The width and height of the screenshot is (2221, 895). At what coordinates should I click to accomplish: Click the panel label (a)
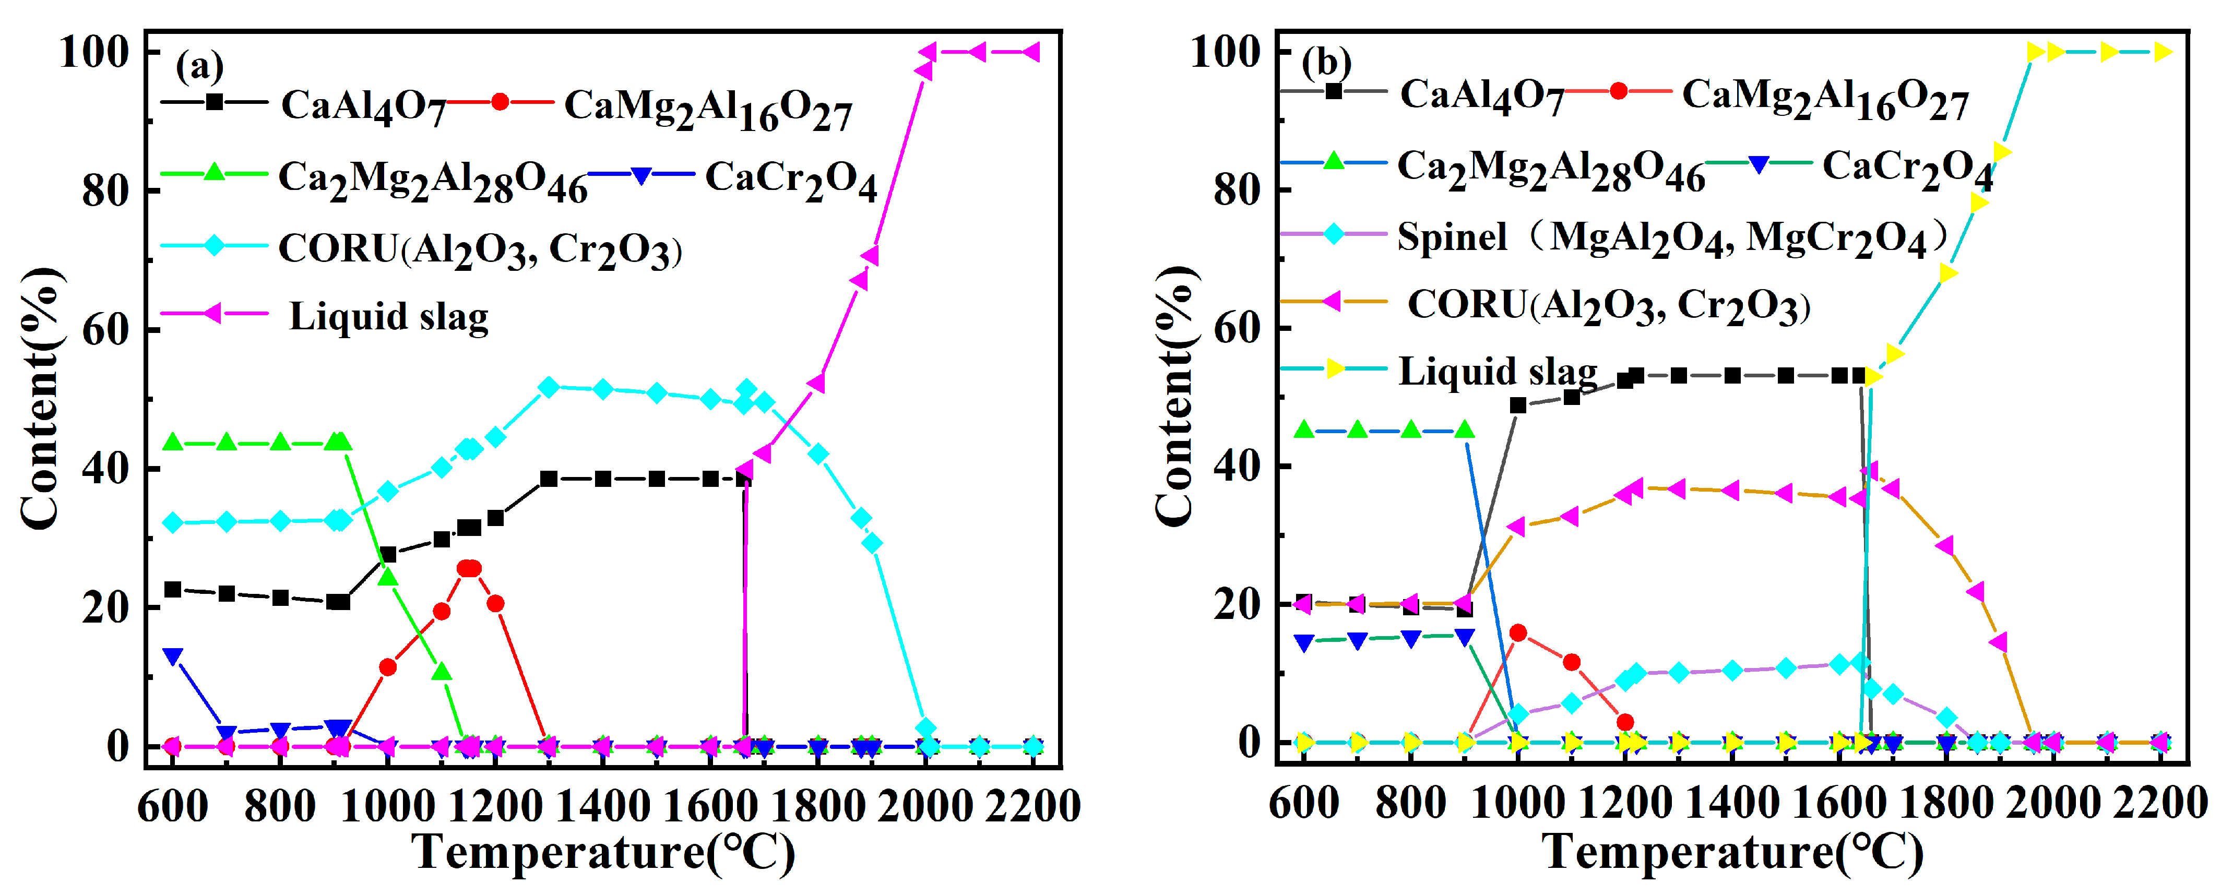pyautogui.click(x=199, y=66)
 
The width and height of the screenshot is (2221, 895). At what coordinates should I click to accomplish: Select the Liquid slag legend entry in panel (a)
pyautogui.click(x=388, y=316)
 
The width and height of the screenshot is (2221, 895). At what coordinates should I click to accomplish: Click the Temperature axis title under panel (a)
pyautogui.click(x=603, y=852)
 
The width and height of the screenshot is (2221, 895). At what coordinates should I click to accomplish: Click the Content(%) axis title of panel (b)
pyautogui.click(x=1174, y=397)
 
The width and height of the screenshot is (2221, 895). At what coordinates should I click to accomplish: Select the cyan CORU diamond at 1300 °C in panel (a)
pyautogui.click(x=549, y=388)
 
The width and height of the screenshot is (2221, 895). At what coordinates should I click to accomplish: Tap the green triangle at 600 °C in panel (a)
pyautogui.click(x=173, y=443)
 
